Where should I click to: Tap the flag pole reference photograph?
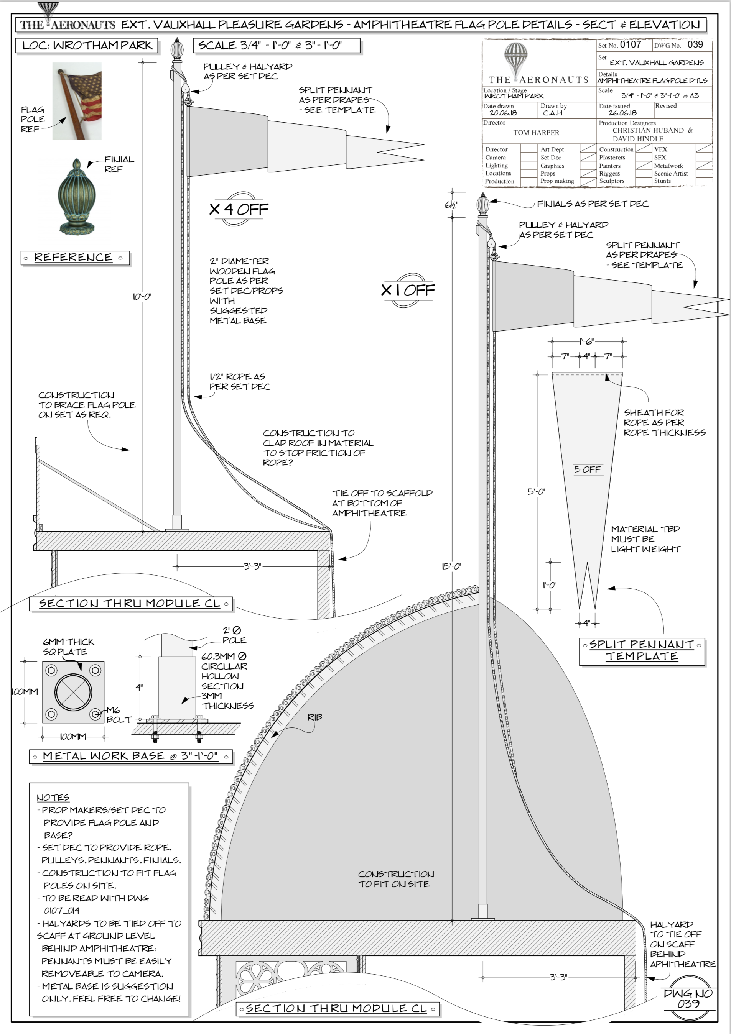(x=77, y=101)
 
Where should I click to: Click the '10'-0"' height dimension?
(x=142, y=297)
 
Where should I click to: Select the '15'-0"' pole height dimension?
(x=451, y=566)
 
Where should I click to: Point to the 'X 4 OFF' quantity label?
(x=239, y=209)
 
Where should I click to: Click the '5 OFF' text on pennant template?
(x=587, y=469)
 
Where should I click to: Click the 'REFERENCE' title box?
(x=75, y=258)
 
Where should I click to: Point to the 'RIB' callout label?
(x=314, y=717)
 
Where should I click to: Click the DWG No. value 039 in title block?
(x=695, y=44)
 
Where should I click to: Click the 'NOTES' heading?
(x=53, y=798)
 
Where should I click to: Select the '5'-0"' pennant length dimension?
(x=536, y=491)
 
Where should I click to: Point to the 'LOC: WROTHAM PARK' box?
(x=87, y=46)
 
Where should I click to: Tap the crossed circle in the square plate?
(x=73, y=692)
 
